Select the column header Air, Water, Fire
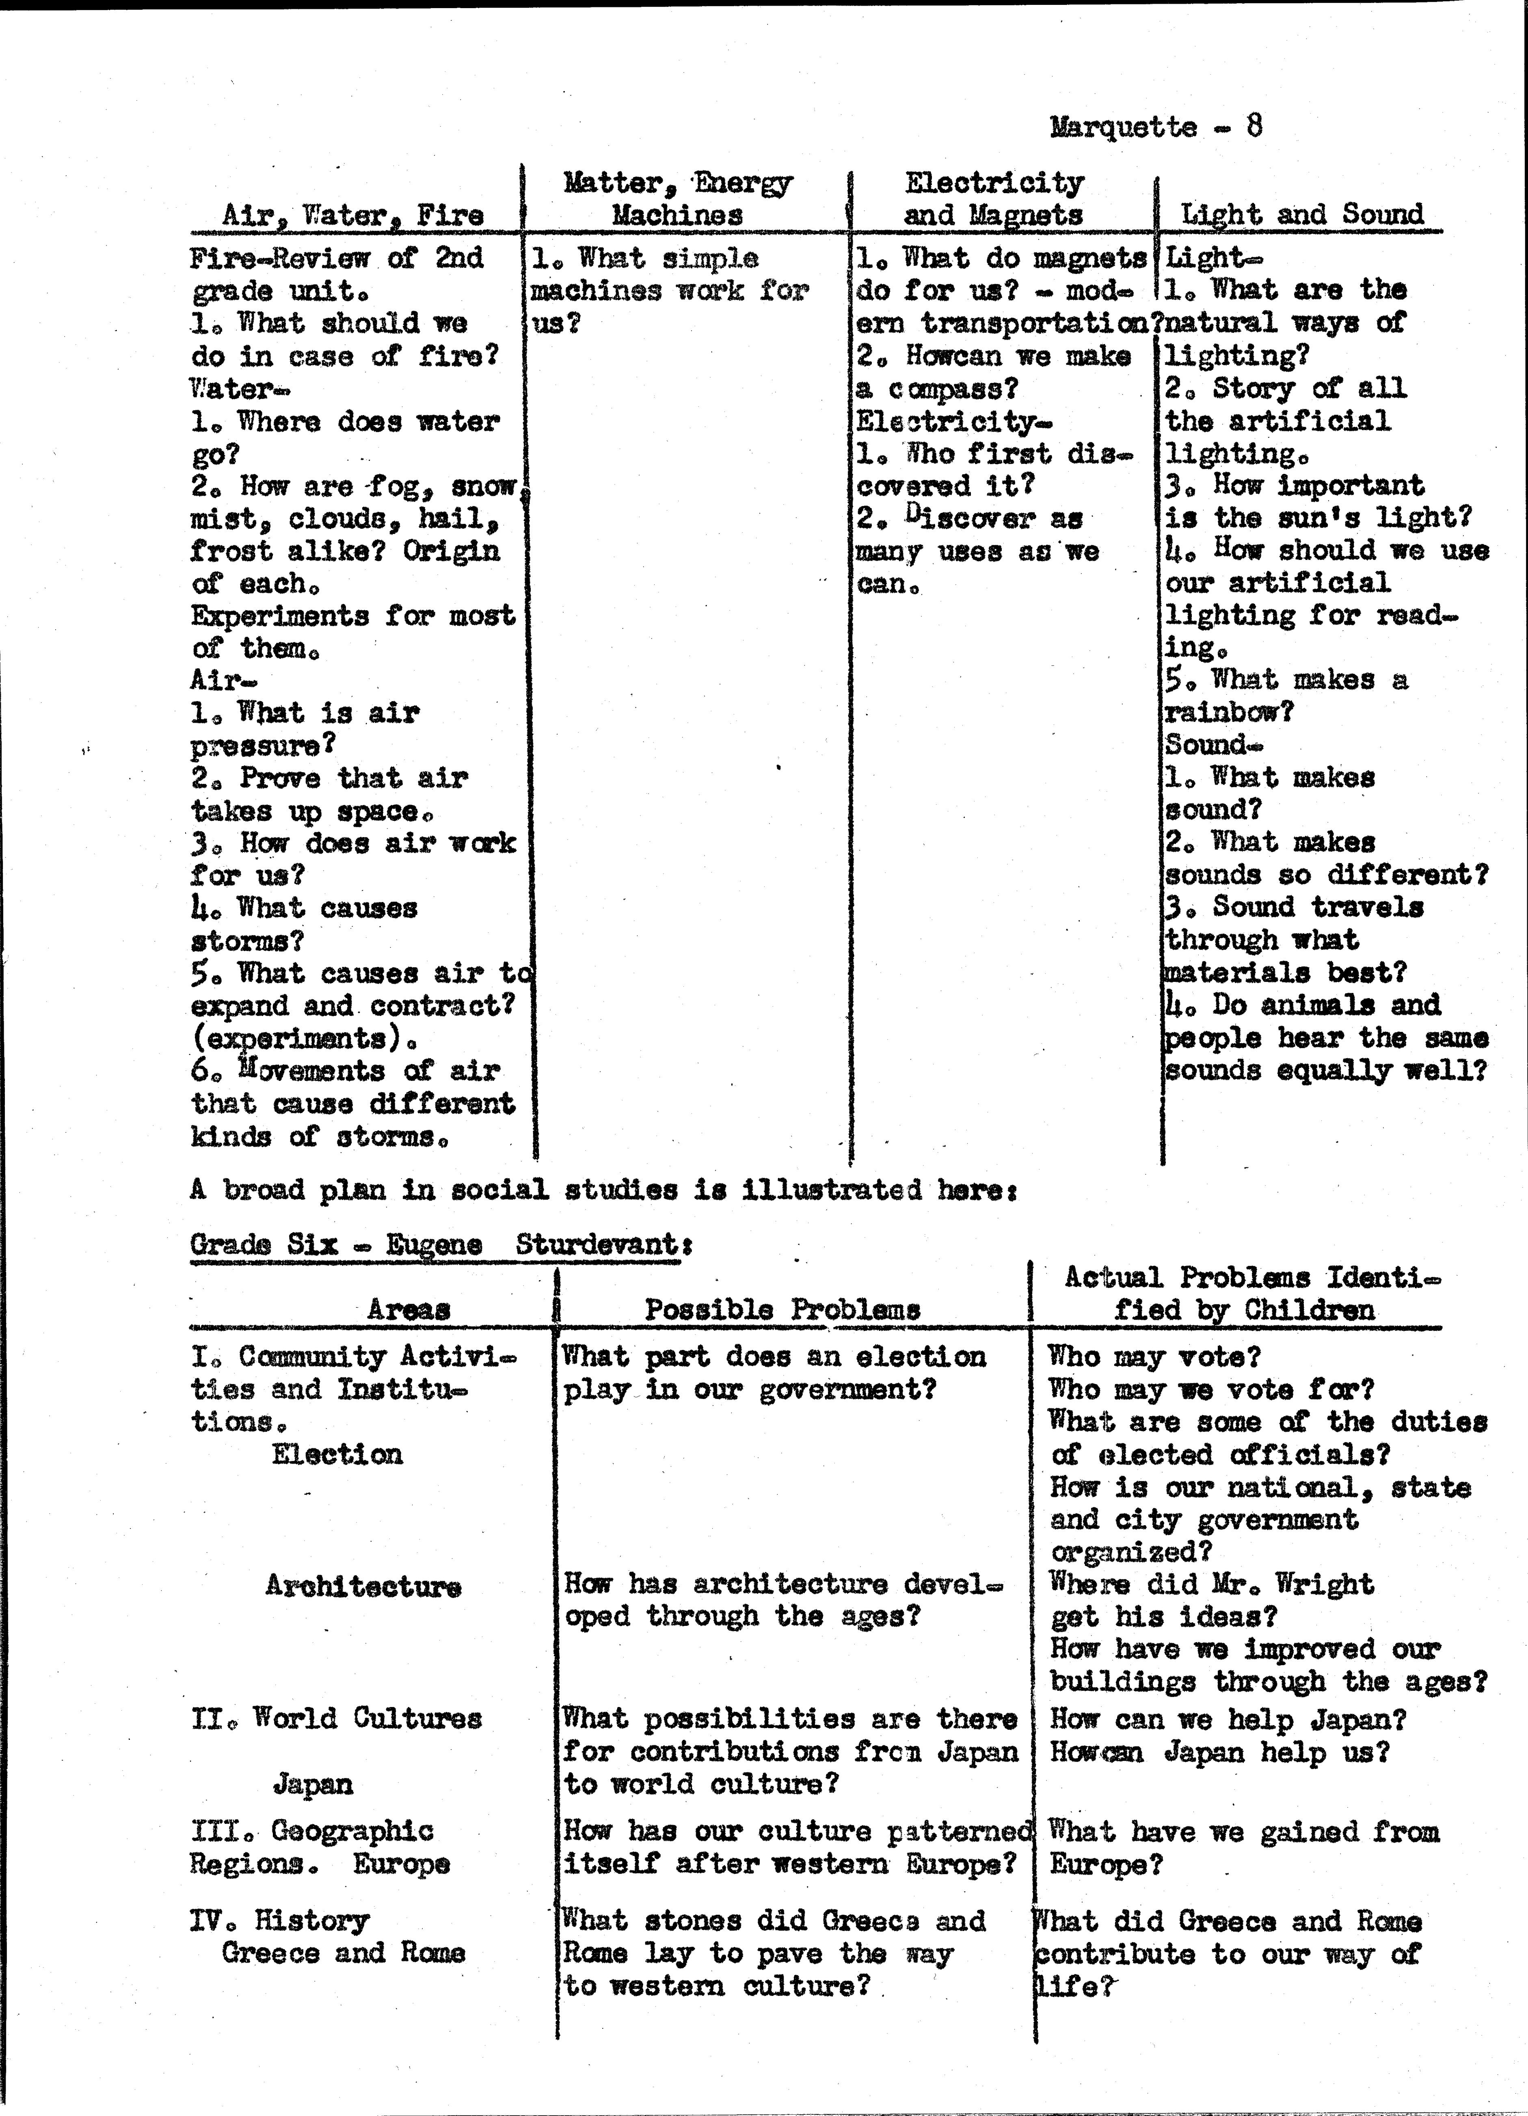click(353, 215)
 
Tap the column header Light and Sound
click(1302, 214)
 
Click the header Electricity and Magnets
click(993, 199)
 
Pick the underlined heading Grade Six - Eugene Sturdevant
click(435, 1244)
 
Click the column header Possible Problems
click(782, 1309)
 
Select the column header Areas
click(408, 1309)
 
